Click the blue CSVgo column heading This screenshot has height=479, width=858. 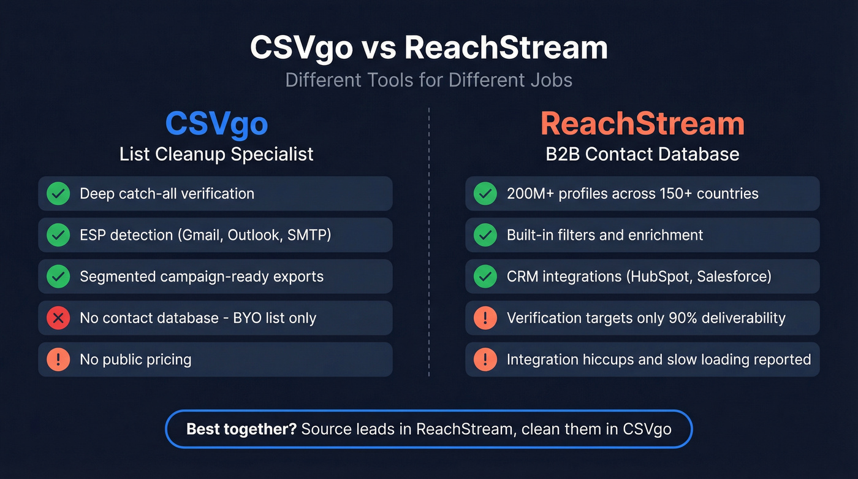[216, 124]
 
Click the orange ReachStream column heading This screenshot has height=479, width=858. [642, 124]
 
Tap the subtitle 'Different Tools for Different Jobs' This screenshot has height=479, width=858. [429, 80]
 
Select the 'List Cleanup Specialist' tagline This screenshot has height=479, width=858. [216, 154]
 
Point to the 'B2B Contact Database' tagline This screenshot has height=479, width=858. [642, 154]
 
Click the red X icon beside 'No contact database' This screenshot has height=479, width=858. [58, 318]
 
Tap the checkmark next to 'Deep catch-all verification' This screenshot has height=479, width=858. [58, 194]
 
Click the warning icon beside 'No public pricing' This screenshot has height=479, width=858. [58, 359]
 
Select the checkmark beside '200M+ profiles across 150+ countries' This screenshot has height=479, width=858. [485, 194]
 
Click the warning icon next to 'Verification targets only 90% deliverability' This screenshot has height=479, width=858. [485, 318]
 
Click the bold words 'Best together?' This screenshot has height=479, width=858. [241, 429]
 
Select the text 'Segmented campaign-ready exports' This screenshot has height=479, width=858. [202, 277]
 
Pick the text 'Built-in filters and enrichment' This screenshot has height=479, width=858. [605, 235]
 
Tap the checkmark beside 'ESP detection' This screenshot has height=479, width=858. [58, 235]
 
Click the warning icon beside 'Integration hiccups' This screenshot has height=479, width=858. [485, 359]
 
